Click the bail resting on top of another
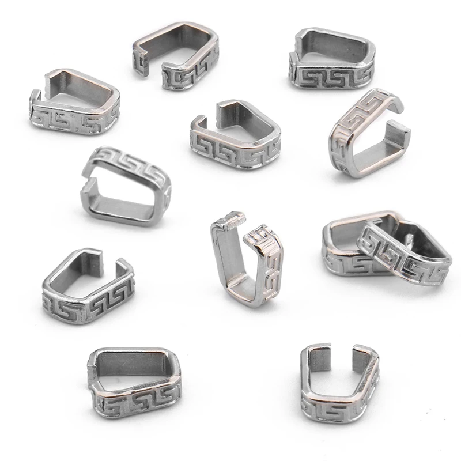coord(403,254)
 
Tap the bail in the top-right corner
coord(331,61)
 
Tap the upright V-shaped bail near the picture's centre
coord(245,259)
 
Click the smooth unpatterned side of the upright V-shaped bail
coord(222,254)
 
